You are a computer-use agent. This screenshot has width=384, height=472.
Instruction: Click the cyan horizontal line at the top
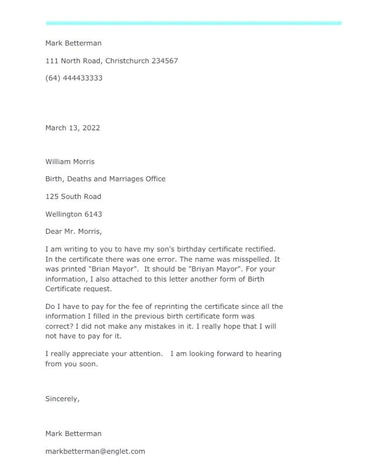193,23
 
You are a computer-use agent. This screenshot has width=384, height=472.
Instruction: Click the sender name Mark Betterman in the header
73,43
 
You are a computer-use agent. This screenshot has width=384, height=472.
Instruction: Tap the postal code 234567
165,61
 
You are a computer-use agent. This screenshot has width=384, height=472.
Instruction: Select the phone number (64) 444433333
74,78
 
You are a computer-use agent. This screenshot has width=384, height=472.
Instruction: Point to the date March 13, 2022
72,128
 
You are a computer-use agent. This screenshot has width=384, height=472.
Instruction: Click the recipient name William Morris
70,161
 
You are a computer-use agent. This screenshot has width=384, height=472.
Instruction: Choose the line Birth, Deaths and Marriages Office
105,179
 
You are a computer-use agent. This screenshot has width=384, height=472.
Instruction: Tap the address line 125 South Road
73,196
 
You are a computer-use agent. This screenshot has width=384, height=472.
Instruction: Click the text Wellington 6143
73,214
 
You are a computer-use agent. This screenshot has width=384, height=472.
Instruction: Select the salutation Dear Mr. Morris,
73,232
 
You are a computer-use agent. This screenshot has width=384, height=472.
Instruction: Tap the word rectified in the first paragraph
259,249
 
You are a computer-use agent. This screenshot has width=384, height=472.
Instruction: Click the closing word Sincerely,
62,399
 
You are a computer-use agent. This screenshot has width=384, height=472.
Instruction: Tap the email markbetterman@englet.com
95,451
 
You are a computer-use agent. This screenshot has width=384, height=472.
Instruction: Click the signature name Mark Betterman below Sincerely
73,433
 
